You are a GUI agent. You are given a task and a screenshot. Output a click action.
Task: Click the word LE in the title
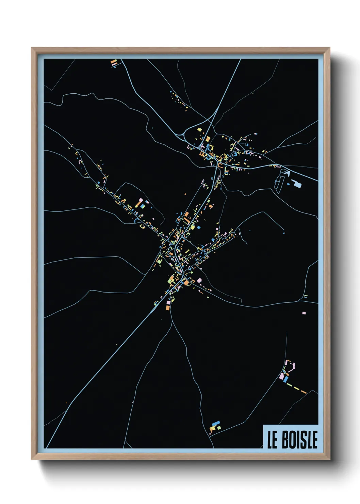click(x=272, y=440)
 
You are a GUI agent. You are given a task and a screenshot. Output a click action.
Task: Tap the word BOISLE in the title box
click(x=300, y=440)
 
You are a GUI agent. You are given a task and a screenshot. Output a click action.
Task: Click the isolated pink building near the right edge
click(x=304, y=313)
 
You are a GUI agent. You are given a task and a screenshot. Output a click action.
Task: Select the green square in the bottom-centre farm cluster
click(x=219, y=427)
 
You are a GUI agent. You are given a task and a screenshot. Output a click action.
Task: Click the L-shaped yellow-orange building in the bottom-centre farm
click(x=212, y=428)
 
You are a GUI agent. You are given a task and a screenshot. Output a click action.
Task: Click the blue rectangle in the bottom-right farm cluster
click(x=286, y=379)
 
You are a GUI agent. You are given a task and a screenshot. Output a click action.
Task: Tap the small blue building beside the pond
click(x=289, y=184)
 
